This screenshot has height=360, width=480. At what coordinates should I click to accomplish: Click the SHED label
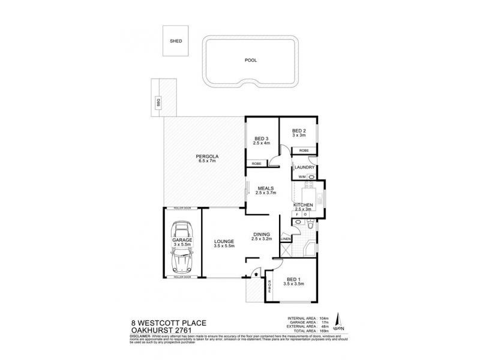[176, 42]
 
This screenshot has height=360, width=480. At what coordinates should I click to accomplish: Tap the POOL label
[250, 61]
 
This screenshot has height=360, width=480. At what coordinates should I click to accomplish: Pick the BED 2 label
[299, 131]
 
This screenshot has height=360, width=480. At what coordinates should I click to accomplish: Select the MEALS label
[266, 188]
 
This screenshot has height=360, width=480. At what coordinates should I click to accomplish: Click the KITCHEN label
[303, 205]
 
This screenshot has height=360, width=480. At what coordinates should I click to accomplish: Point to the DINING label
[262, 234]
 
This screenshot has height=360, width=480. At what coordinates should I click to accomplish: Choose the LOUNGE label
[224, 242]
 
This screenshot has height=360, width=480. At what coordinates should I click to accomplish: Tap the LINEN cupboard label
[286, 239]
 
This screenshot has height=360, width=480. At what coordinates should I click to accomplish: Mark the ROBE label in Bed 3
[256, 163]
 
